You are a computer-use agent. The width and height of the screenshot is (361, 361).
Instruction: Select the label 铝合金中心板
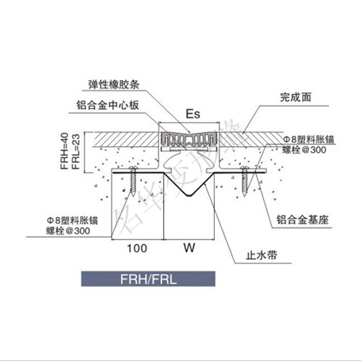(x=108, y=105)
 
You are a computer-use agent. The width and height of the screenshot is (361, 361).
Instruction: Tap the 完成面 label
(x=295, y=96)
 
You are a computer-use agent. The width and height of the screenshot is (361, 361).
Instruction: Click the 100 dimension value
(x=138, y=247)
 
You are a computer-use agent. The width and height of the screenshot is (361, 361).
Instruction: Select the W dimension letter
(x=188, y=247)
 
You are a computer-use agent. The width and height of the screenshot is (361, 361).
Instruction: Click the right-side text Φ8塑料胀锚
(x=309, y=139)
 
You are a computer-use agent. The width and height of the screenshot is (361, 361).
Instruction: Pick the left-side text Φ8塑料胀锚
(x=72, y=221)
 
